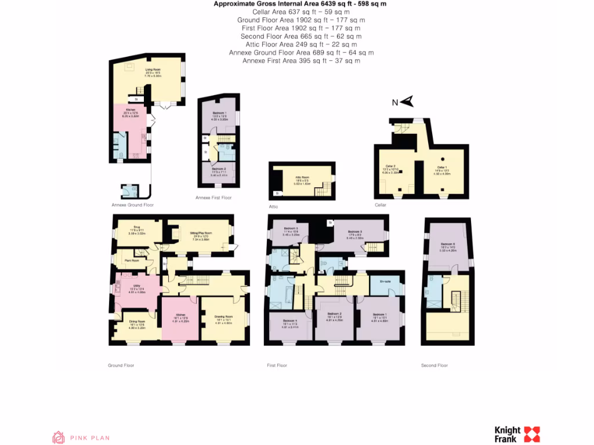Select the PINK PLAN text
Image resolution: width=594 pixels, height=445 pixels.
(89, 438)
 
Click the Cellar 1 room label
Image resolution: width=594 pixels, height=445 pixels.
(444, 166)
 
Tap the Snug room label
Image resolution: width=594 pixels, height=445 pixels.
(137, 227)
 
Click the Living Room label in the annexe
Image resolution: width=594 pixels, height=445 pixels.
(152, 70)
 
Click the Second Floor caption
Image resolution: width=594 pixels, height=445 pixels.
(434, 366)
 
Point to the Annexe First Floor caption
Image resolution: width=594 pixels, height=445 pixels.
(213, 198)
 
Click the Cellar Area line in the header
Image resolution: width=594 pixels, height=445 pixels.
(300, 12)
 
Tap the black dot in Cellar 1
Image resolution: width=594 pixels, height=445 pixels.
(443, 158)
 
